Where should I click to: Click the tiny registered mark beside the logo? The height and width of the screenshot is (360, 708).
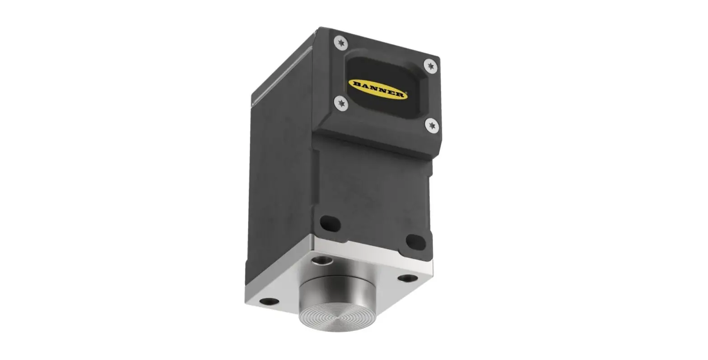coord(406,95)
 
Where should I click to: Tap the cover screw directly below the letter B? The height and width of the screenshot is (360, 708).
coord(341,103)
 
